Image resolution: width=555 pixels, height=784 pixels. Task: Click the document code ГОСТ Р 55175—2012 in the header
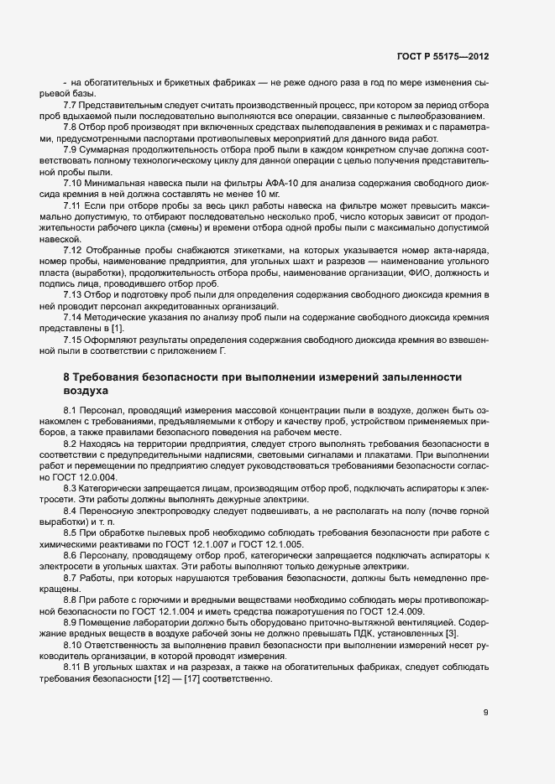pyautogui.click(x=442, y=56)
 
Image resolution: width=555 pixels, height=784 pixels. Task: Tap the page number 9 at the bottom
pyautogui.click(x=485, y=713)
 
